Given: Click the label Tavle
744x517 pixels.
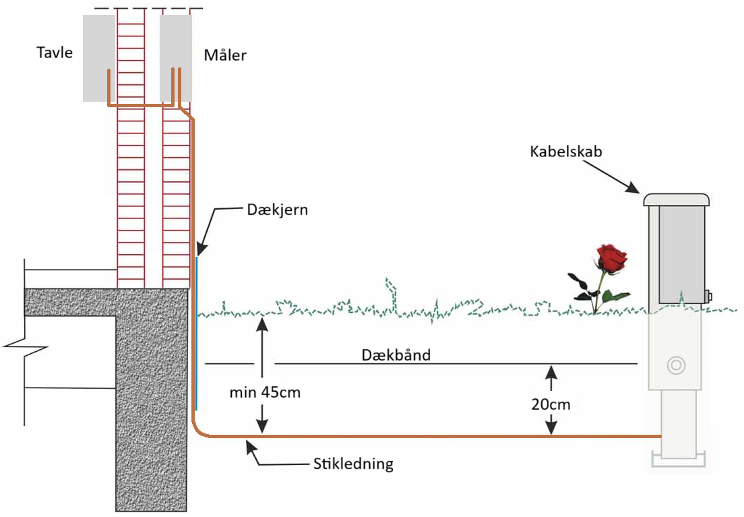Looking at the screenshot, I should pyautogui.click(x=54, y=53).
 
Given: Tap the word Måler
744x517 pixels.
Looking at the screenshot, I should pyautogui.click(x=225, y=55).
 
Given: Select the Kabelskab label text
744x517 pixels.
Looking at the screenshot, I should pyautogui.click(x=565, y=151).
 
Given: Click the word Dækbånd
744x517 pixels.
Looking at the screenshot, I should pyautogui.click(x=396, y=355).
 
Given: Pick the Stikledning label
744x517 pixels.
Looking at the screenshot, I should pyautogui.click(x=353, y=464).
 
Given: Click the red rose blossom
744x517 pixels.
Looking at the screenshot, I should pyautogui.click(x=611, y=257).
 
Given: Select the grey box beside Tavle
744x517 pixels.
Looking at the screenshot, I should pyautogui.click(x=98, y=58).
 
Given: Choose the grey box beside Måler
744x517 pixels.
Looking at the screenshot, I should pyautogui.click(x=176, y=58).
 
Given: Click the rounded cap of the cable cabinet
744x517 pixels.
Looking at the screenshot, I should pyautogui.click(x=677, y=199).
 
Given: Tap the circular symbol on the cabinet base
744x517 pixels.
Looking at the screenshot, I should pyautogui.click(x=675, y=365).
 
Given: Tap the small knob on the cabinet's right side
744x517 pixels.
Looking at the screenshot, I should pyautogui.click(x=709, y=295).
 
